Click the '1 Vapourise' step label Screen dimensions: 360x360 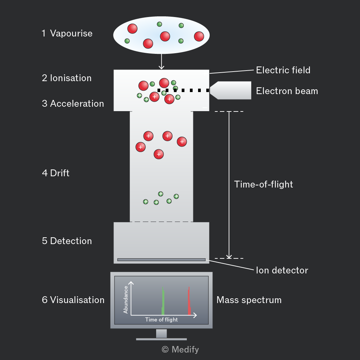(67, 33)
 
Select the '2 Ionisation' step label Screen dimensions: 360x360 (67, 78)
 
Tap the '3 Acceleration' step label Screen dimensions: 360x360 (73, 104)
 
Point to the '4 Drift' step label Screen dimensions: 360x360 (56, 173)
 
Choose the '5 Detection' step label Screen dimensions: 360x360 (67, 241)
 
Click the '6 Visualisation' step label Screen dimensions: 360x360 (73, 300)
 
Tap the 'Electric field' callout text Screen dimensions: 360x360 (283, 70)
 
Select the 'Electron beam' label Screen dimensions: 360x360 (287, 91)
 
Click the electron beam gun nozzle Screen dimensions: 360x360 (230, 90)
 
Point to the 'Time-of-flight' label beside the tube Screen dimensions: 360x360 (264, 184)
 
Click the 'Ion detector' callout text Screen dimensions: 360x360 (282, 270)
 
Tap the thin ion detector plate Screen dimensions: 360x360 (161, 260)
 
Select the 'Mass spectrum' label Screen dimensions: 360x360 (249, 300)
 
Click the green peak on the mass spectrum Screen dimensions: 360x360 (163, 301)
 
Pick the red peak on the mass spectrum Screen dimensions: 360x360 (189, 301)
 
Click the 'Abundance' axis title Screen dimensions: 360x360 (125, 300)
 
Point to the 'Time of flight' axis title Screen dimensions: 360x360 (161, 319)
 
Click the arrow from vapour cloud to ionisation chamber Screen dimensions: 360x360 (161, 61)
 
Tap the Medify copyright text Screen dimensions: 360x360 (180, 349)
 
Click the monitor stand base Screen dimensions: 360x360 (161, 339)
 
